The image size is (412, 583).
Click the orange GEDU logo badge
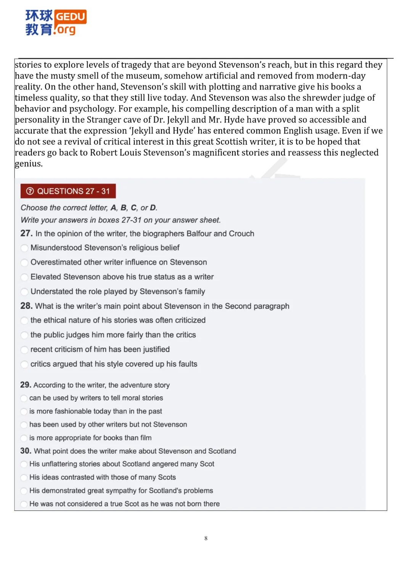click(71, 16)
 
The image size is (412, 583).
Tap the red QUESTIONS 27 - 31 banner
click(68, 191)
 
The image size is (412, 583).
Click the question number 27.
click(26, 233)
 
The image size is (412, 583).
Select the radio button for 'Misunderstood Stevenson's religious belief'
click(24, 248)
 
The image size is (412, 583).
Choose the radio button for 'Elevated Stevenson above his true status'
click(24, 277)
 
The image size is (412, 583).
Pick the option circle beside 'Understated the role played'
click(24, 292)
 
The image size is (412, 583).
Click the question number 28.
click(26, 306)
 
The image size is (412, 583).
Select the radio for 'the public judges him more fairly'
click(24, 335)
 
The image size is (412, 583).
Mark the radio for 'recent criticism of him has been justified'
click(24, 350)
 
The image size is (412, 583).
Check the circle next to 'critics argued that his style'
click(24, 364)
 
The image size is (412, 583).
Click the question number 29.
click(26, 385)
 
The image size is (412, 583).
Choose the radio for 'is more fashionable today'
click(24, 412)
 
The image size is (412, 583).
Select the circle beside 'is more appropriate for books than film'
click(24, 438)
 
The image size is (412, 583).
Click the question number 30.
click(26, 451)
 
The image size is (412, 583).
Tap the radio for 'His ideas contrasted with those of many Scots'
click(24, 478)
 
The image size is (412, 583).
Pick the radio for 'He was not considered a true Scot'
click(24, 504)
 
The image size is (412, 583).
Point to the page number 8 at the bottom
click(206, 538)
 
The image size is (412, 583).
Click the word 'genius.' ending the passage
click(29, 164)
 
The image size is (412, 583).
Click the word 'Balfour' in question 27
click(199, 234)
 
